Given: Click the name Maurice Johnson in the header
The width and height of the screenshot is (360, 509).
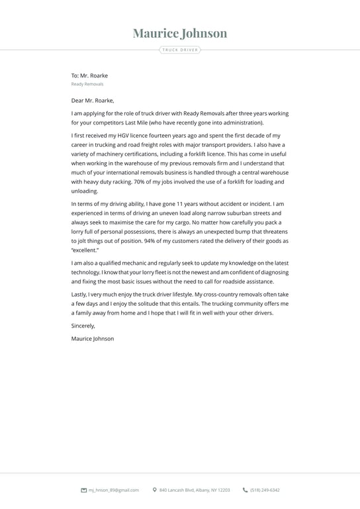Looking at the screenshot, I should click(179, 33).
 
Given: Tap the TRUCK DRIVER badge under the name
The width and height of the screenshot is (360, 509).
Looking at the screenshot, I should click(179, 50).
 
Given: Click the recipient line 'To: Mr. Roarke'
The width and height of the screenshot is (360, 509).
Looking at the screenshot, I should click(89, 75).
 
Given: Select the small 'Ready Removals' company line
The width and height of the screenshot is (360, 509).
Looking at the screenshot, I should click(87, 84).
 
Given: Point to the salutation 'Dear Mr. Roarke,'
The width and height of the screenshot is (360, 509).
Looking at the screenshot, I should click(93, 101).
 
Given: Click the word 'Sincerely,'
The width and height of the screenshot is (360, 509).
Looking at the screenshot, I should click(83, 326).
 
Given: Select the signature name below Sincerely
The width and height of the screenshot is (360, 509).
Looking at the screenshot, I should click(93, 338).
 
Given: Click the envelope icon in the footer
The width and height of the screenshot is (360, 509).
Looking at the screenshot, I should click(83, 490).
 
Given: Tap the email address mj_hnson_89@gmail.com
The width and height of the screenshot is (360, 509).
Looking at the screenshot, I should click(114, 490).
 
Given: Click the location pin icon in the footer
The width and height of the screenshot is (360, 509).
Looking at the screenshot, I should click(155, 490).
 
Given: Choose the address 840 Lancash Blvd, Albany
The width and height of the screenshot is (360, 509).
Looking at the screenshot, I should click(195, 490).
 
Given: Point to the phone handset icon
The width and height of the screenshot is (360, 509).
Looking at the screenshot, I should click(246, 490).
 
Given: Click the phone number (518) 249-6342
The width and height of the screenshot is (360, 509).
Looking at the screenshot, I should click(265, 490).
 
